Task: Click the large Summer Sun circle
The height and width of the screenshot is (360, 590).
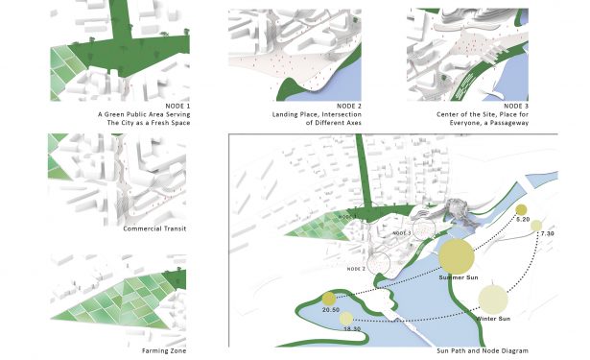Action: (456, 257)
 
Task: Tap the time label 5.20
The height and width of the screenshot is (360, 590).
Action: (524, 221)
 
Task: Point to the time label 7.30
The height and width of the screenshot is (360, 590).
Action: (547, 234)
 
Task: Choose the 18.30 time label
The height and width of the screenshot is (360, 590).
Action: (353, 329)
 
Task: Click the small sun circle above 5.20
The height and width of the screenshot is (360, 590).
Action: (521, 210)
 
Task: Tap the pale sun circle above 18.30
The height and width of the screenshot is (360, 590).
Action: (346, 319)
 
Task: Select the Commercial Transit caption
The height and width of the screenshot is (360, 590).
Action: (154, 228)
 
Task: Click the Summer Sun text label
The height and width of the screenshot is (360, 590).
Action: (457, 278)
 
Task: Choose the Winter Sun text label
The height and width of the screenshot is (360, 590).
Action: (494, 318)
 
